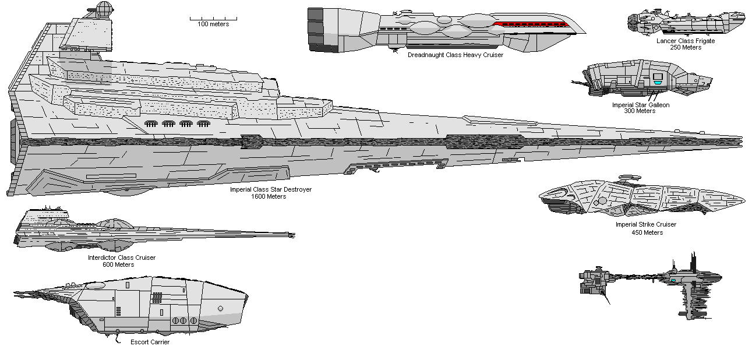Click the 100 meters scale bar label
click(x=213, y=24)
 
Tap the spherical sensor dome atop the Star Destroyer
click(x=103, y=9)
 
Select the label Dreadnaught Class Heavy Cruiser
click(x=455, y=55)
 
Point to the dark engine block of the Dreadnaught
click(x=316, y=29)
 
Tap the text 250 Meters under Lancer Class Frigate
click(x=685, y=48)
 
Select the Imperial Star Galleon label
click(x=640, y=105)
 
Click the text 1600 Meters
click(x=269, y=196)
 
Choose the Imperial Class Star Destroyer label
click(x=270, y=190)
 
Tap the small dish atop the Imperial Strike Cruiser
click(x=628, y=175)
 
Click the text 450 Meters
click(x=647, y=232)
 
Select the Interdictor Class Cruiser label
click(x=122, y=257)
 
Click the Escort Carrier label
click(x=150, y=342)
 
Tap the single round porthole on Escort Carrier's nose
click(x=220, y=308)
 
